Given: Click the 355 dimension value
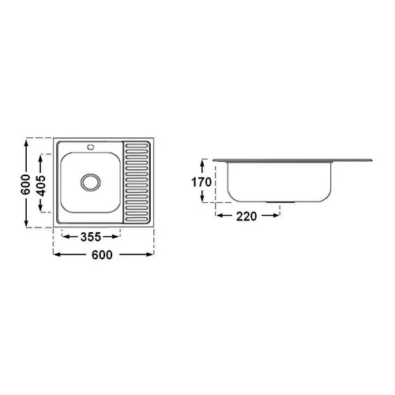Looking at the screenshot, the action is (91, 237).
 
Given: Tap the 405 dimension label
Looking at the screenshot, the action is (41, 186).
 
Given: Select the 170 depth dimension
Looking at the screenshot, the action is (201, 182).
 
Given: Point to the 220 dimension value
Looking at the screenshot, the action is (246, 216).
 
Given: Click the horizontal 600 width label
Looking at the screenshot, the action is (102, 255).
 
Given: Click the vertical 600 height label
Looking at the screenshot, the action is (25, 184).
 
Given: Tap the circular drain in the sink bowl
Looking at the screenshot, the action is (91, 182).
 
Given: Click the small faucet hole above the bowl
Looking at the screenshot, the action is (91, 147).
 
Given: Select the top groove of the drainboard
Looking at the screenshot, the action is (137, 145).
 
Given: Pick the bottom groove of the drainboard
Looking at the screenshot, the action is (137, 219).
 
